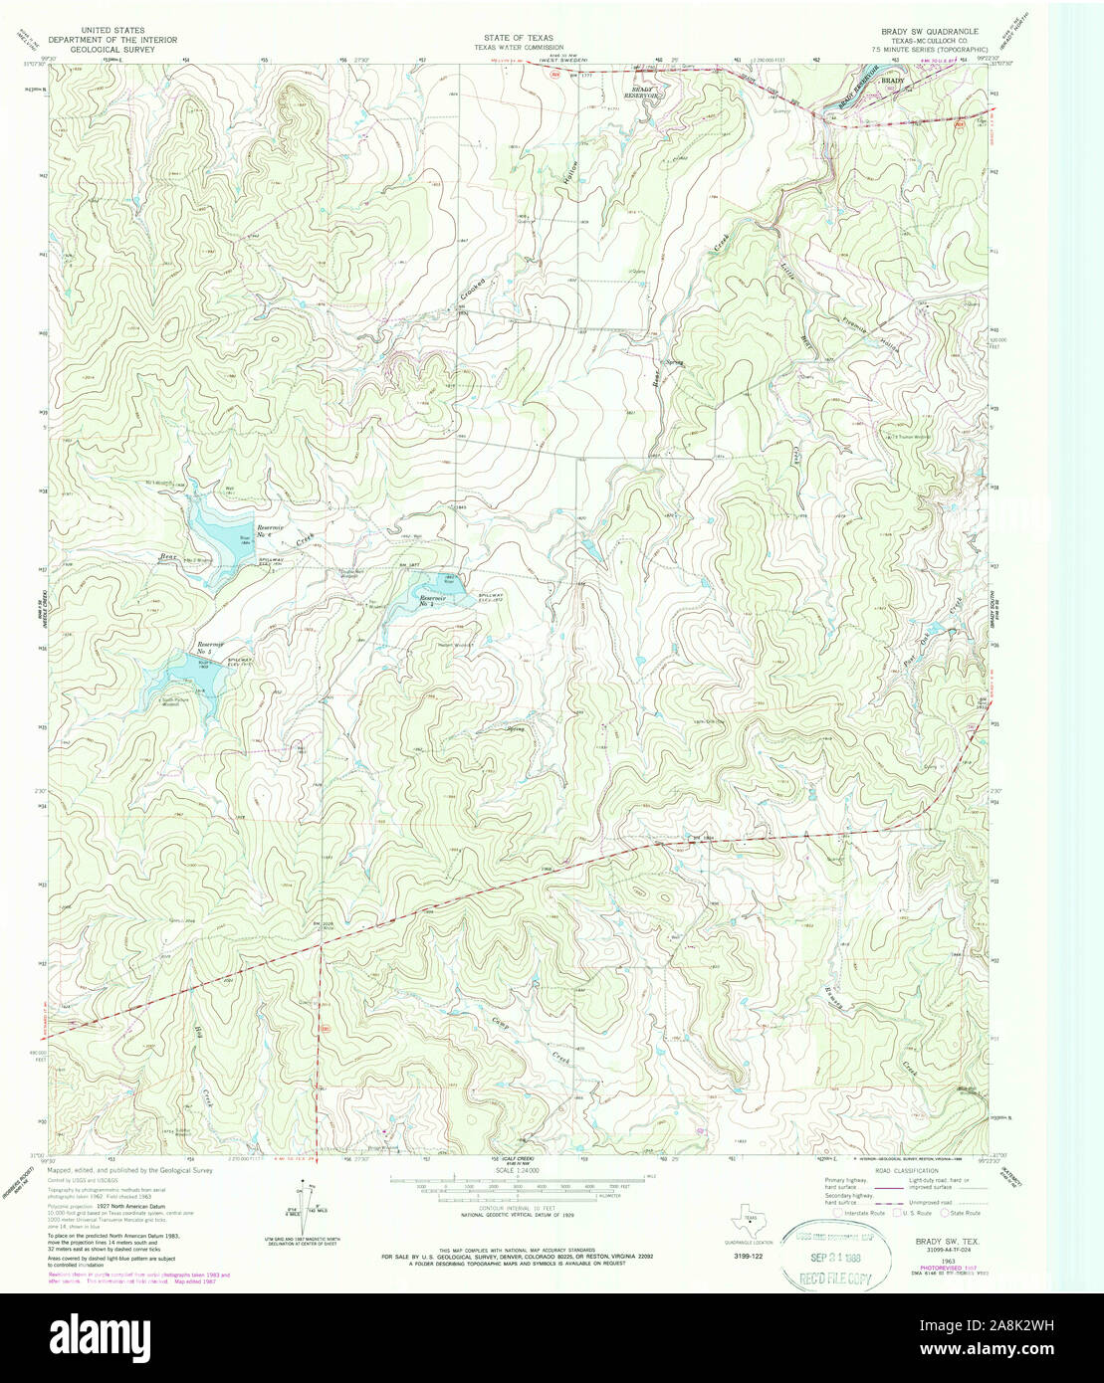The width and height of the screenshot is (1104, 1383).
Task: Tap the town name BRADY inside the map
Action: tap(893, 80)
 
